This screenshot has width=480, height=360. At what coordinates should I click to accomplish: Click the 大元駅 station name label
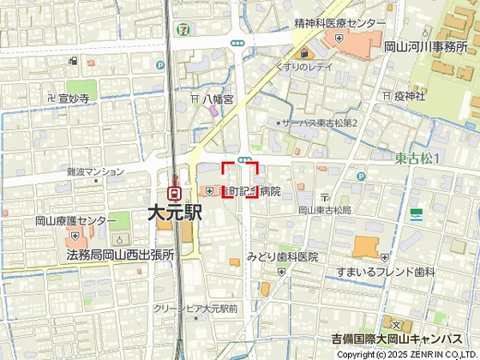(174, 213)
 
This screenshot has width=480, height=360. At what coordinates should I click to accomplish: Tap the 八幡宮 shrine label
(218, 99)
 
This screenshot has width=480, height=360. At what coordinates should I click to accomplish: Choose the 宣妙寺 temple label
(74, 99)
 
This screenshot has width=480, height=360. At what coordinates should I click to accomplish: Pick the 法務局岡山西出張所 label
(120, 255)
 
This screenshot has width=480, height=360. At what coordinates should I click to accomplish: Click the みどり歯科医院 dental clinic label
(282, 256)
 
